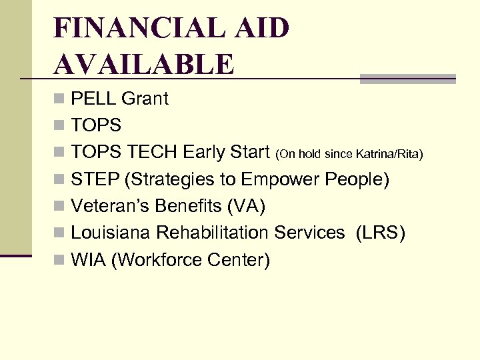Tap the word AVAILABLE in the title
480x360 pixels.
tap(144, 65)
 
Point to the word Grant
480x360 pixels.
tap(145, 99)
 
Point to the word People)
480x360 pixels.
tap(357, 179)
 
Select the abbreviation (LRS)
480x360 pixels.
tap(381, 233)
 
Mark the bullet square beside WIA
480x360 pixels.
tap(59, 260)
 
